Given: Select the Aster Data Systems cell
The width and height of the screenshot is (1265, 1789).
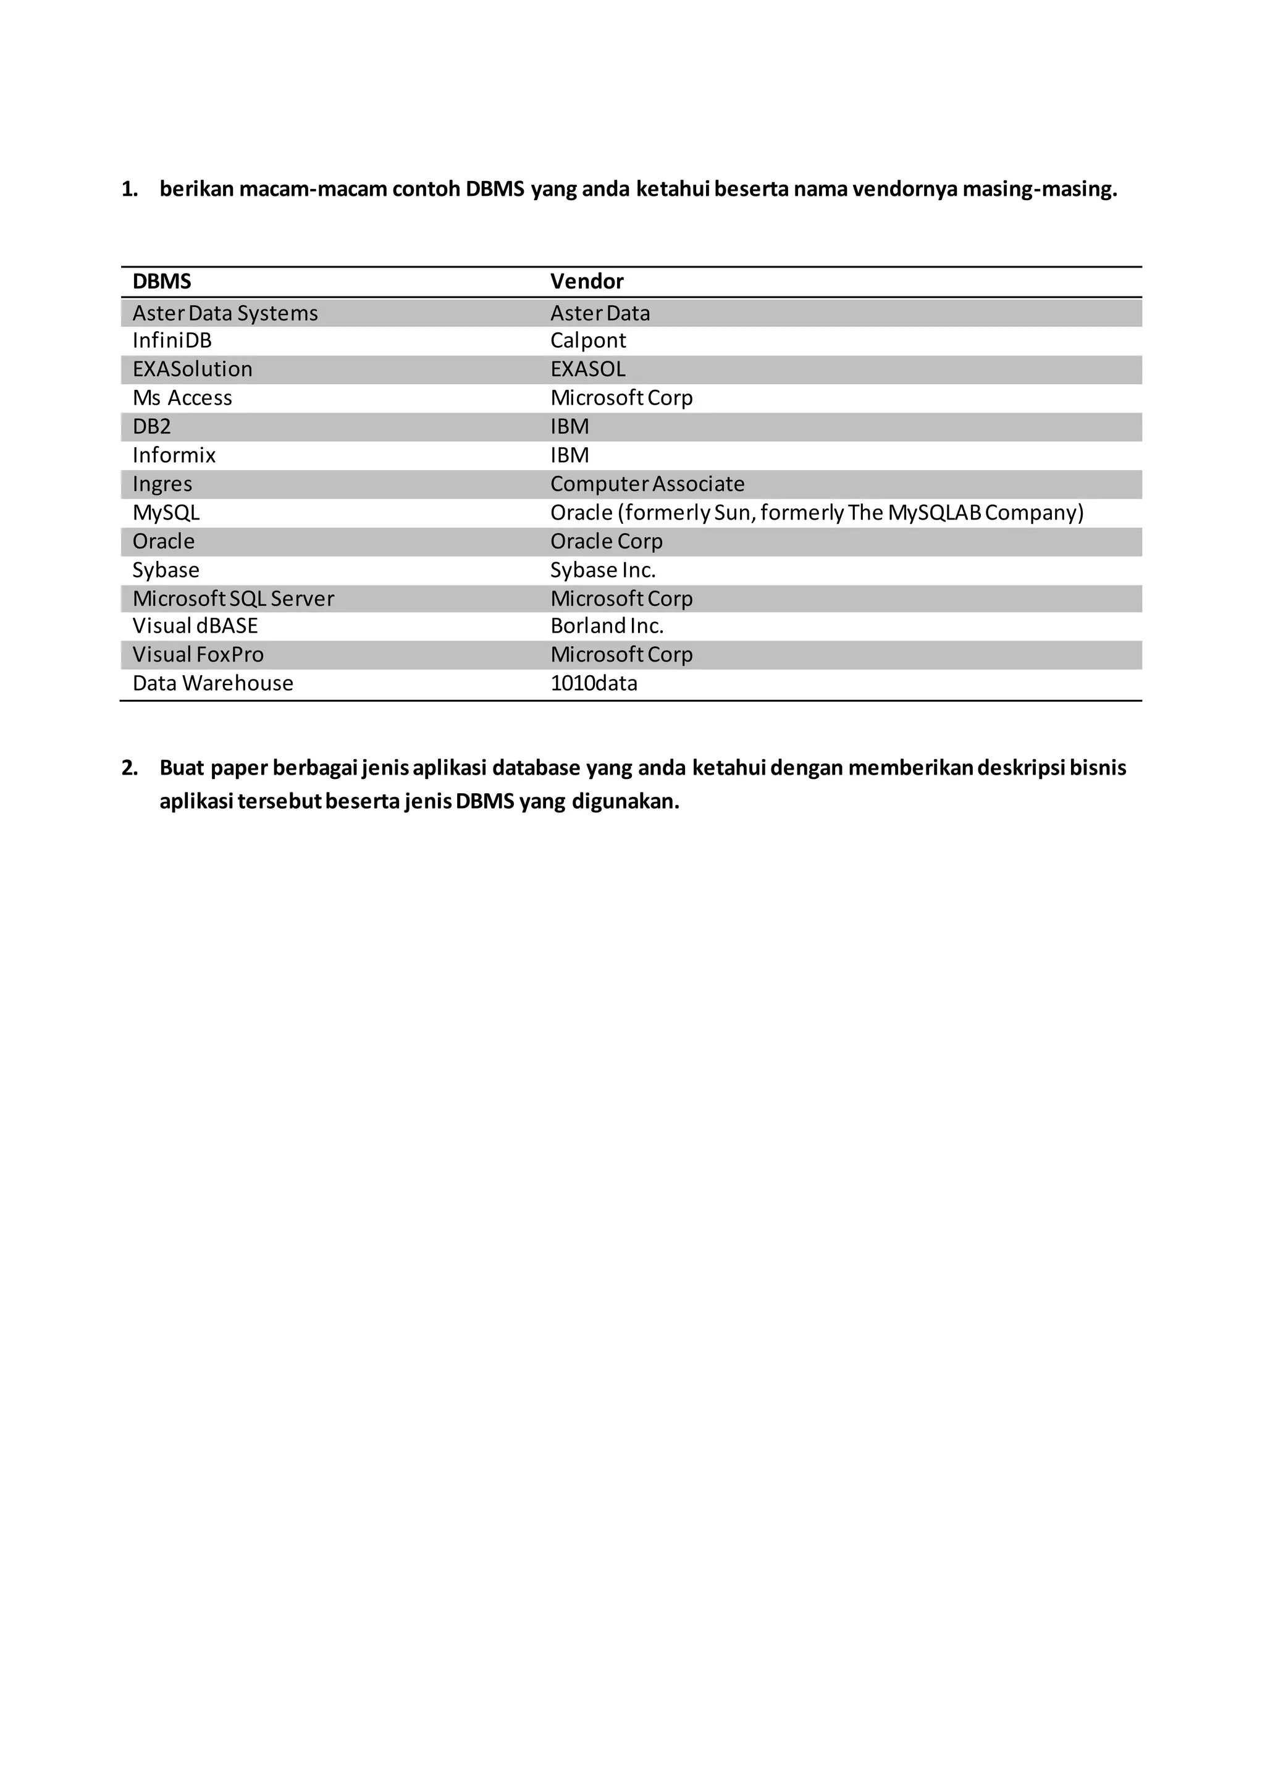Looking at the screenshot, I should click(x=225, y=313).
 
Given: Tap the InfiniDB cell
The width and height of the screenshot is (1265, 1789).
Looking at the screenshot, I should click(x=172, y=340).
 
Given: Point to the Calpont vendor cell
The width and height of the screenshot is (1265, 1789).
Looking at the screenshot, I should click(x=588, y=340).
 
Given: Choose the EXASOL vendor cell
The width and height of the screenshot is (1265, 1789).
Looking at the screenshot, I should click(x=588, y=369).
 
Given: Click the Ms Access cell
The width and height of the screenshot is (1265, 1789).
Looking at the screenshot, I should click(x=182, y=398).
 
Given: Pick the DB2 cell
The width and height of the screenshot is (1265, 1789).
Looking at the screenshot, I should click(x=152, y=427).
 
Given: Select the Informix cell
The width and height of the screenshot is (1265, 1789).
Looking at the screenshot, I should click(x=174, y=455).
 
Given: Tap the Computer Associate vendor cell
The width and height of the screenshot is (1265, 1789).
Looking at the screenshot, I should click(x=647, y=484).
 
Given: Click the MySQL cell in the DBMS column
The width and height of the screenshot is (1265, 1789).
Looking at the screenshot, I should click(x=166, y=513).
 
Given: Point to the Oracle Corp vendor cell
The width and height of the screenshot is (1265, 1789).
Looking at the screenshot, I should click(x=606, y=542).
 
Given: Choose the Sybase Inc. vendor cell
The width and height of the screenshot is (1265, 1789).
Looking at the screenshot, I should click(x=603, y=570).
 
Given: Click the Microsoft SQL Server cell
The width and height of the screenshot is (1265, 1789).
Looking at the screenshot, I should click(x=233, y=599).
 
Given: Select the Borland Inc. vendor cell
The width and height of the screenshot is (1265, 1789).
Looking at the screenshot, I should click(x=607, y=626).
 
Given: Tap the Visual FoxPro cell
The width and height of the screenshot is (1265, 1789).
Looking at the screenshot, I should click(x=198, y=655).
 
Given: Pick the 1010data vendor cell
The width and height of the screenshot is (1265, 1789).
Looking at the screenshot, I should click(x=594, y=683).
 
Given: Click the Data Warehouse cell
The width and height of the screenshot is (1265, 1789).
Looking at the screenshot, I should click(x=212, y=683).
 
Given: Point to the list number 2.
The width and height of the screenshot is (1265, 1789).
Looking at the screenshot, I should click(x=129, y=768).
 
